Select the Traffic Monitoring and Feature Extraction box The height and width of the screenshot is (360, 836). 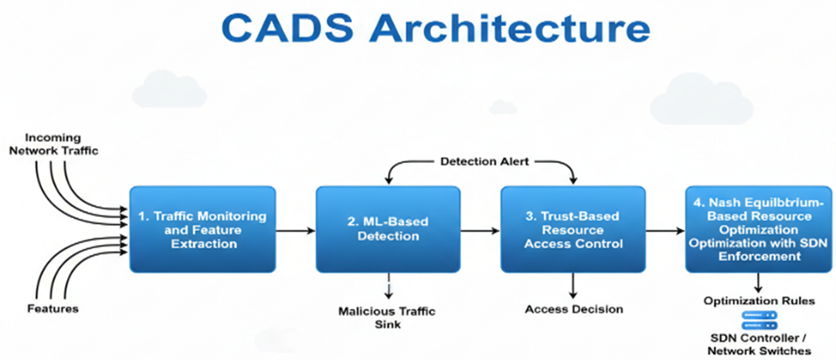pos(202,229)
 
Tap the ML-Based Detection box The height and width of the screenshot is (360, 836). pos(388,229)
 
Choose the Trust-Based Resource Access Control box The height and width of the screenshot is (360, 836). pos(573,229)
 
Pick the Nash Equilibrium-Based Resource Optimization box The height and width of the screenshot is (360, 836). pos(759,229)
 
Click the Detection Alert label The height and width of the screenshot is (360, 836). pos(484,161)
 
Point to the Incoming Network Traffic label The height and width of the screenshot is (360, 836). pos(54,144)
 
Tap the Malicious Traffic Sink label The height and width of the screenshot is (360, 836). pos(387,317)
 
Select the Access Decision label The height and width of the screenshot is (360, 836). pos(573,309)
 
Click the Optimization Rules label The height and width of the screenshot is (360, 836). pos(760,301)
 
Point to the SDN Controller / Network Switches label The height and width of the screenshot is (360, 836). pos(760,344)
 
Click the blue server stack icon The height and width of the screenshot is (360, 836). pos(760,320)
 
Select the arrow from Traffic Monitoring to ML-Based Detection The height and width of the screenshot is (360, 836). pos(295,230)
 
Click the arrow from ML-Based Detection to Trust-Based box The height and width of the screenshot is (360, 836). pos(481,230)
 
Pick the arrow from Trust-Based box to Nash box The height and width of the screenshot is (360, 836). pos(665,230)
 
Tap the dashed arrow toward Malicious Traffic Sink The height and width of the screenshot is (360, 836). pos(389,286)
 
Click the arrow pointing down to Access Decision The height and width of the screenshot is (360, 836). pos(573,286)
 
